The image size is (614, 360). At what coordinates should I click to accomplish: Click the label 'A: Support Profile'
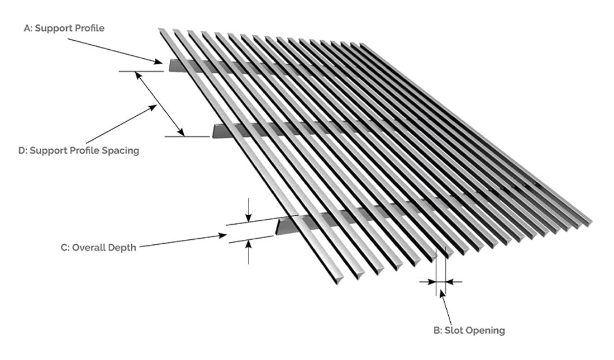[64, 28]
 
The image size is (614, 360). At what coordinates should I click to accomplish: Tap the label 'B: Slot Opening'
[469, 330]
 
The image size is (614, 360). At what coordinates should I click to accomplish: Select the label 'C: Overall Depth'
[98, 248]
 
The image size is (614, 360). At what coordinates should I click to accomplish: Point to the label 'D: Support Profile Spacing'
[79, 150]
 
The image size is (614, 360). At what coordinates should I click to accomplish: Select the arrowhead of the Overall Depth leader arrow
[223, 235]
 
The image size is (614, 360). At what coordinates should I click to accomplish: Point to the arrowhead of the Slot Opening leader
[442, 293]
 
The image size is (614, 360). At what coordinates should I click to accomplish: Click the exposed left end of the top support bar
[172, 65]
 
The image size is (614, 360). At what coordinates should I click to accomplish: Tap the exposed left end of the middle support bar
[215, 131]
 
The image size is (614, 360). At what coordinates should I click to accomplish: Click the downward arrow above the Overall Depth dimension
[248, 210]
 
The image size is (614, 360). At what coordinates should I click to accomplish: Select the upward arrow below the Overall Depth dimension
[248, 252]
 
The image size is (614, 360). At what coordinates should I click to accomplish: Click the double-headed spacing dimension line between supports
[159, 104]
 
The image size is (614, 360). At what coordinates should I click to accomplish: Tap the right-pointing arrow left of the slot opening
[427, 281]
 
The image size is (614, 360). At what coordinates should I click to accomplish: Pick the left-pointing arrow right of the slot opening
[454, 281]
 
